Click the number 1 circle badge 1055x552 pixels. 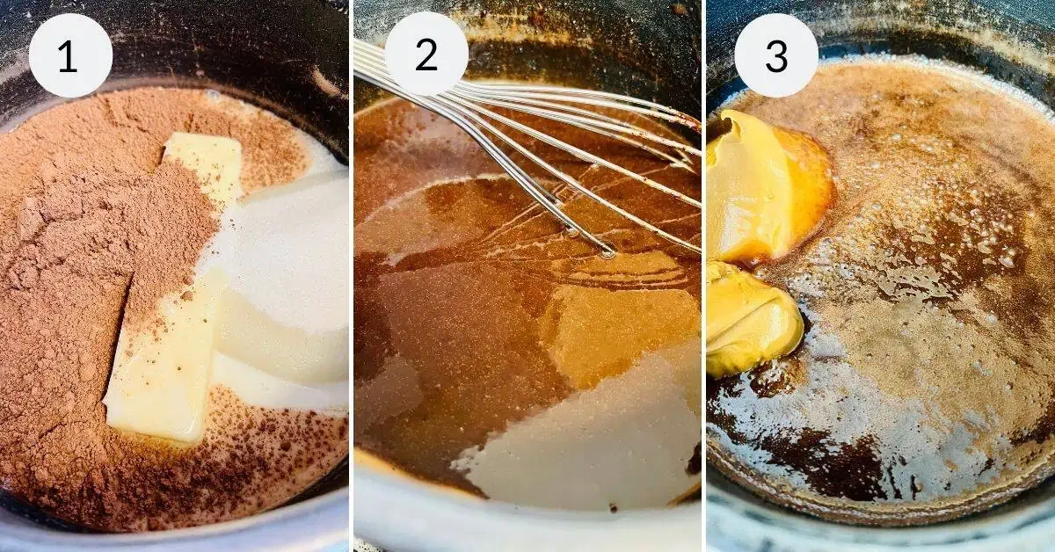pos(70,55)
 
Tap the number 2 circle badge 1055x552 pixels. pos(426,54)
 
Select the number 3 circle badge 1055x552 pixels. pos(776,55)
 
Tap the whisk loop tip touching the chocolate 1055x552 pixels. pos(608,253)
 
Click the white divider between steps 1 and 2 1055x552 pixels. pos(352,276)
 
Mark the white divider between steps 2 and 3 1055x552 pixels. pos(703,276)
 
